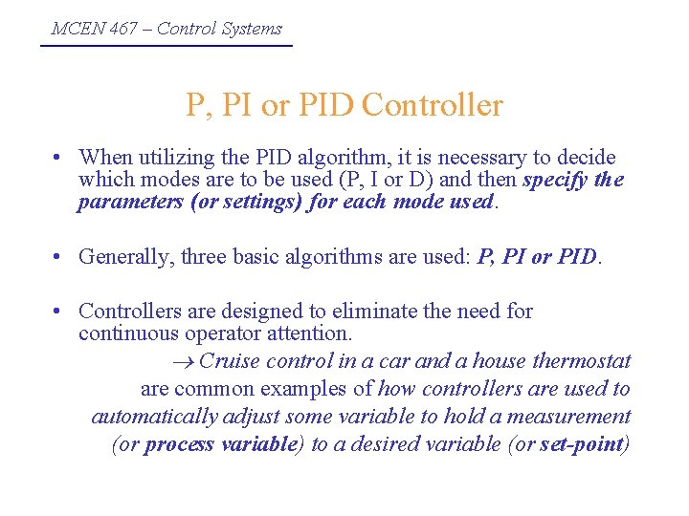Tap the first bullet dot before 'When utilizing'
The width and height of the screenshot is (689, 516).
click(58, 158)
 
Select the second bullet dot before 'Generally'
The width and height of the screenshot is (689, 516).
click(58, 257)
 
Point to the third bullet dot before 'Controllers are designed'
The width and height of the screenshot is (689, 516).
click(58, 312)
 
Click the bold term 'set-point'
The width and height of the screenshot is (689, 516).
click(581, 444)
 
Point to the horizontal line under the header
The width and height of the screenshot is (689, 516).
click(167, 45)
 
